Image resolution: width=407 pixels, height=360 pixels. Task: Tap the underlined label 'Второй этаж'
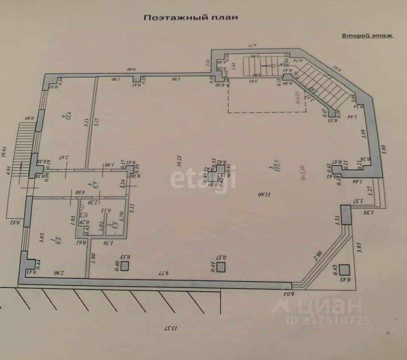pyautogui.click(x=367, y=36)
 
